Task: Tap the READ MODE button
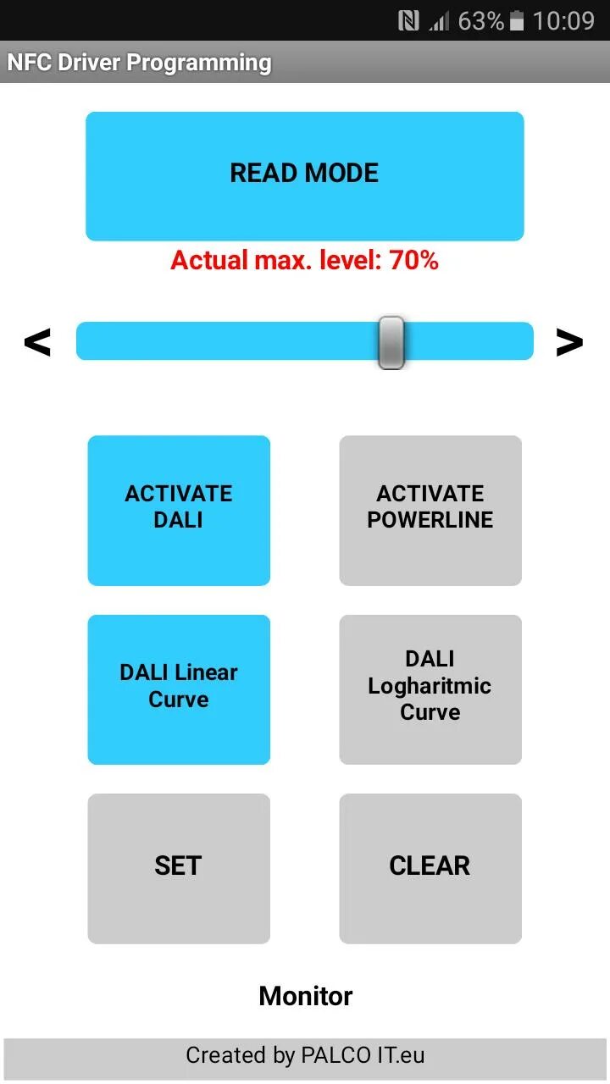[304, 175]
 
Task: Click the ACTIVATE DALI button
[179, 510]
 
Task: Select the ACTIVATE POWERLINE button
[430, 510]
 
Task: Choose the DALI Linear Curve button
[179, 689]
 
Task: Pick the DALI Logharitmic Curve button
[430, 689]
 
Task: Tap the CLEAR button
[430, 868]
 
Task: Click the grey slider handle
[391, 342]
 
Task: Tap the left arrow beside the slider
[37, 342]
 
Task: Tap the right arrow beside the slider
[569, 342]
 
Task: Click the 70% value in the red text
[414, 261]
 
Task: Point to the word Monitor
[305, 996]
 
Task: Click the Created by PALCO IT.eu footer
[305, 1056]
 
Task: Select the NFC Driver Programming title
[139, 63]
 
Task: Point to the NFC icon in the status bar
[408, 21]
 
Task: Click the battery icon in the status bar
[517, 21]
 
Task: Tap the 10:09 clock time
[563, 21]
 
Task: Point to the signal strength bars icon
[439, 21]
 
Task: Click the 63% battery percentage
[480, 21]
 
